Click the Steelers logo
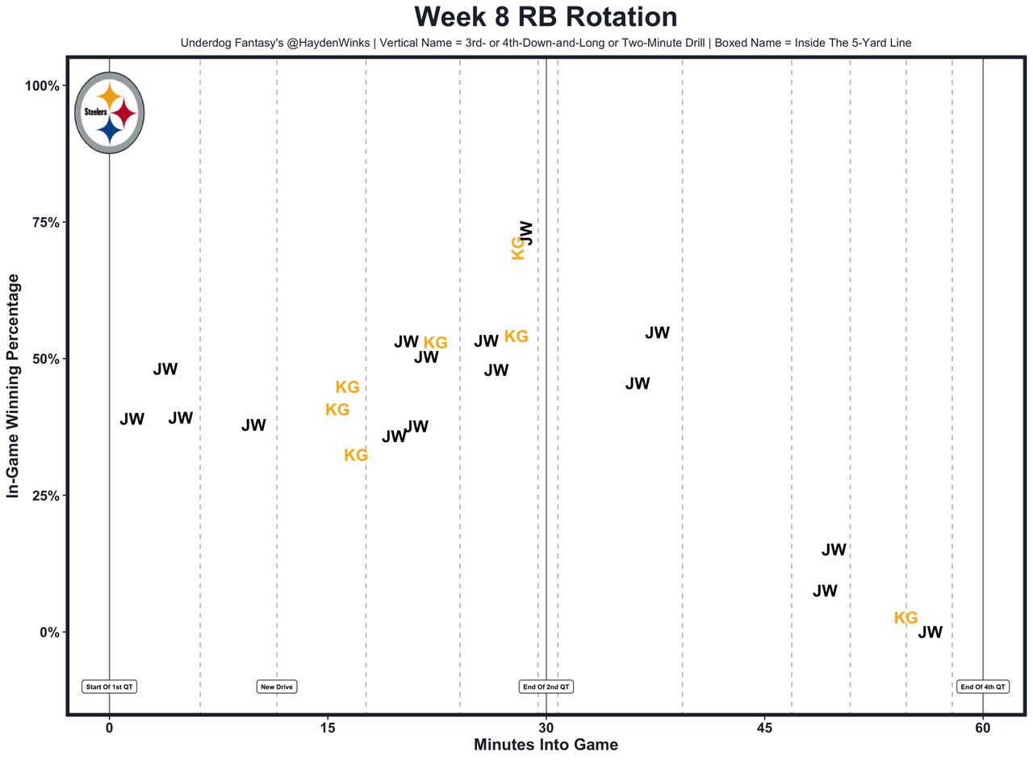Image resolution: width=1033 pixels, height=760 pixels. point(109,113)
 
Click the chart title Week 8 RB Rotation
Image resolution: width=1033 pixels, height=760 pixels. point(546,18)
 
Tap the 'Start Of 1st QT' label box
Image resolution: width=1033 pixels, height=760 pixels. point(109,687)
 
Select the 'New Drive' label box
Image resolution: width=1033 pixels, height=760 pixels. point(277,687)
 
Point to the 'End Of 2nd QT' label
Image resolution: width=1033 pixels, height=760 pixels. point(546,687)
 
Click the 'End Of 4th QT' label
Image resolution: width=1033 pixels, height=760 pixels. point(983,687)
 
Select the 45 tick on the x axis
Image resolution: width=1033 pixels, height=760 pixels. point(765,729)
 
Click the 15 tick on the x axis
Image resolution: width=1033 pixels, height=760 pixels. point(328,729)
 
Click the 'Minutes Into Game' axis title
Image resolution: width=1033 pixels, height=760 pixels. point(546,745)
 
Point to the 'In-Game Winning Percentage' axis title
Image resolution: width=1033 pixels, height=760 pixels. point(14,385)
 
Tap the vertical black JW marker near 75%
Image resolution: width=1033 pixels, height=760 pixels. point(525,232)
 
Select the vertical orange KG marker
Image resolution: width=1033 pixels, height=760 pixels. point(518,248)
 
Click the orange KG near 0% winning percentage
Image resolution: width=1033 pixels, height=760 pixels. point(905,618)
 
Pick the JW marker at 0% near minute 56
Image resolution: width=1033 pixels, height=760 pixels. point(930,633)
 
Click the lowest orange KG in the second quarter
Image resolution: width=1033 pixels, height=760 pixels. point(356,455)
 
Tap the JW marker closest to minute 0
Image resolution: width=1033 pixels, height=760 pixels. point(132,420)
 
